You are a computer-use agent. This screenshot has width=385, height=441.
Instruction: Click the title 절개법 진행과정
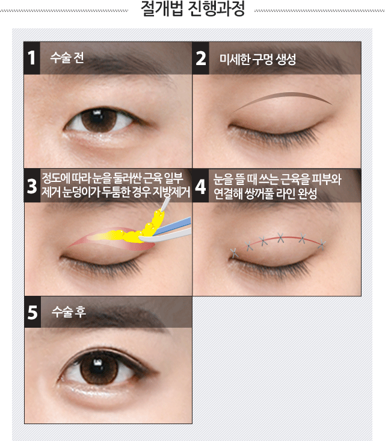192,9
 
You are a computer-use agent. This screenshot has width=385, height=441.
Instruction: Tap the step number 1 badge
32,58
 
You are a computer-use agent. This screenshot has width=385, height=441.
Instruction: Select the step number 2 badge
201,58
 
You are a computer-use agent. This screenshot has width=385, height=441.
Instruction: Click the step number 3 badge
32,186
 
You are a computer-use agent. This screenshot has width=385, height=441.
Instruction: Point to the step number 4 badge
200,186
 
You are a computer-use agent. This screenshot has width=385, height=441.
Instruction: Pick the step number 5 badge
32,312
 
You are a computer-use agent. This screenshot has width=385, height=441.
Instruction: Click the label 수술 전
67,58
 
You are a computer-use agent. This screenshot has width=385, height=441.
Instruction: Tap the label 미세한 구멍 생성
257,59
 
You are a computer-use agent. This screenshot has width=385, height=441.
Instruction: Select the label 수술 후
69,311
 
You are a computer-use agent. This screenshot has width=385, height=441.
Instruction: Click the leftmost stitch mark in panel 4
234,253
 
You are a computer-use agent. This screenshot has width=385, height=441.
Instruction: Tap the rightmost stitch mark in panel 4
322,245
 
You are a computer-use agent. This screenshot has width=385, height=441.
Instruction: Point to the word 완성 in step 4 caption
307,193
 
